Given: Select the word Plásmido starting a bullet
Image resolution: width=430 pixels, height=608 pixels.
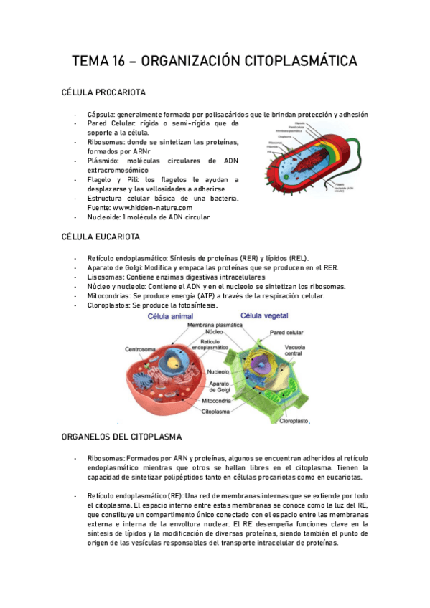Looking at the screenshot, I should [x=104, y=161].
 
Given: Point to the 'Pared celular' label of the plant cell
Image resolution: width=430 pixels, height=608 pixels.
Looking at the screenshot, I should [x=287, y=333].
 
